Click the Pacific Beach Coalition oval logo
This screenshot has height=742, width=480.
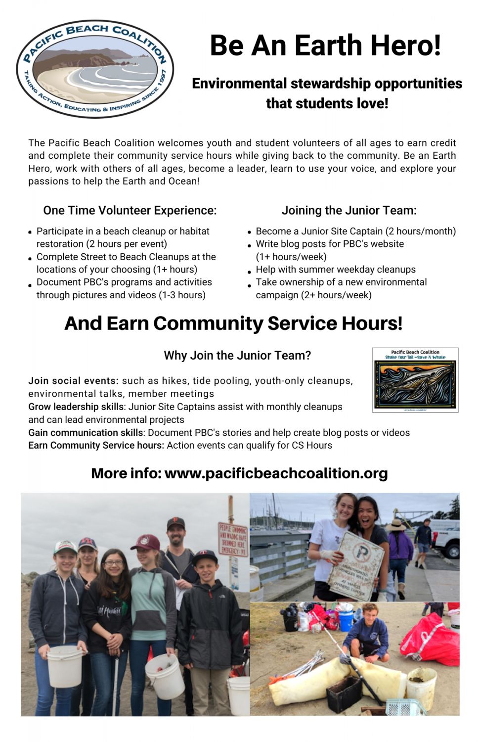pyautogui.click(x=95, y=69)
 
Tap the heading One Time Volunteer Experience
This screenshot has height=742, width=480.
pyautogui.click(x=130, y=211)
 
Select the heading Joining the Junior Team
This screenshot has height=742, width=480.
pyautogui.click(x=349, y=211)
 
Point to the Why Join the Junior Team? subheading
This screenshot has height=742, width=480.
pyautogui.click(x=237, y=355)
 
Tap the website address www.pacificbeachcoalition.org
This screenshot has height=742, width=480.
pyautogui.click(x=276, y=473)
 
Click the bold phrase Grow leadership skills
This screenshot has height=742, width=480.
pyautogui.click(x=76, y=407)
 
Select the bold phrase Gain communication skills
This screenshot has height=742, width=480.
pyautogui.click(x=86, y=432)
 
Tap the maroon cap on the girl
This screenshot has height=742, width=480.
pyautogui.click(x=145, y=542)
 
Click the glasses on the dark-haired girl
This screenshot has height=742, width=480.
pyautogui.click(x=113, y=562)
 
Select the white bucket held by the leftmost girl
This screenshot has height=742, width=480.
pyautogui.click(x=65, y=666)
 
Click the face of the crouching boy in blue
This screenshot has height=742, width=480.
pyautogui.click(x=370, y=614)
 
